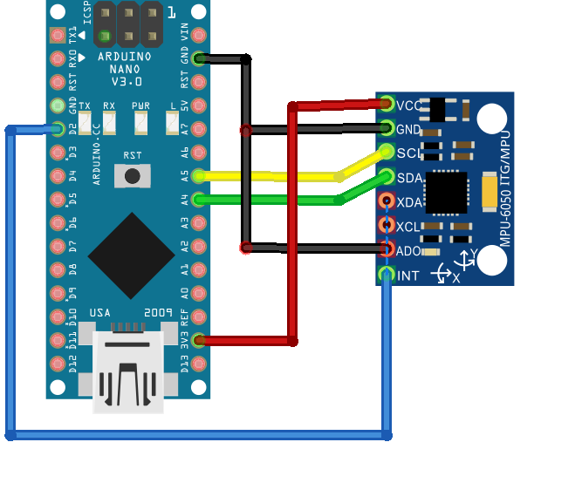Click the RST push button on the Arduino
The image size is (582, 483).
click(133, 175)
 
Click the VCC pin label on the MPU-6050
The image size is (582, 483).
click(409, 105)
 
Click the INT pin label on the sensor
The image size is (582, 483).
click(407, 276)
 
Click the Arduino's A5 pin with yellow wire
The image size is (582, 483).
click(199, 176)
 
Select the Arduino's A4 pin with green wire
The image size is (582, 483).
click(199, 200)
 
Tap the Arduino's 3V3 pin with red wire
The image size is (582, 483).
click(199, 340)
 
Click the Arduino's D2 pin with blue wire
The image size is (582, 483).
click(58, 129)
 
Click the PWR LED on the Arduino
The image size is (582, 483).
click(140, 122)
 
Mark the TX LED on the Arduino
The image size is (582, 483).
click(85, 122)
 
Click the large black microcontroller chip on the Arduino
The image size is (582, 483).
click(131, 255)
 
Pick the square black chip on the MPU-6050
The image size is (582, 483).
click(447, 191)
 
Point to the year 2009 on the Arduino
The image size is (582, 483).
click(159, 311)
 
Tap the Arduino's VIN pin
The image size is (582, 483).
click(199, 36)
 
